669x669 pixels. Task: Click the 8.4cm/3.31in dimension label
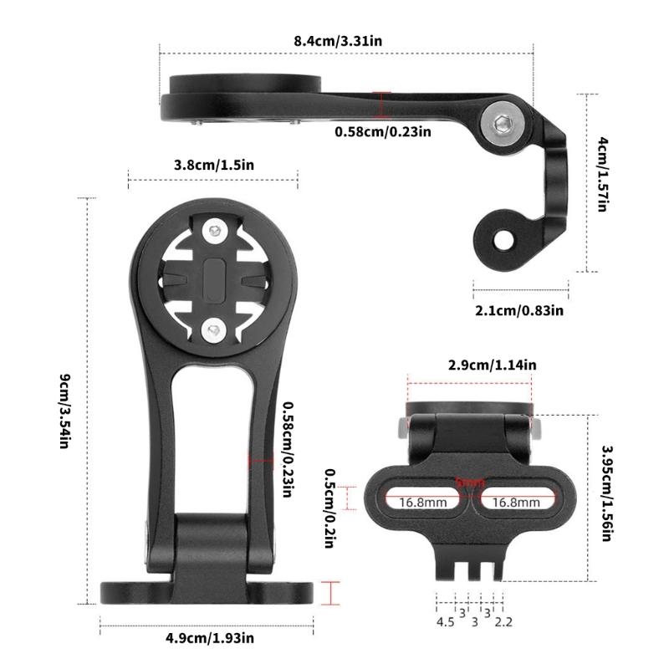click(345, 40)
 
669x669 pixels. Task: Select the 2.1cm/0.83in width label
click(519, 310)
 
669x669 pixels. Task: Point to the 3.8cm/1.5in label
click(213, 165)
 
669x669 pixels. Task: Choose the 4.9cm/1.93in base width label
click(209, 638)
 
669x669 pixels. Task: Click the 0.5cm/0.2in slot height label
click(329, 503)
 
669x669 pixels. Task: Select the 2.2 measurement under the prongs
click(503, 621)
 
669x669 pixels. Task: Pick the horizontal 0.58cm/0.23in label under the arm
click(383, 131)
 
